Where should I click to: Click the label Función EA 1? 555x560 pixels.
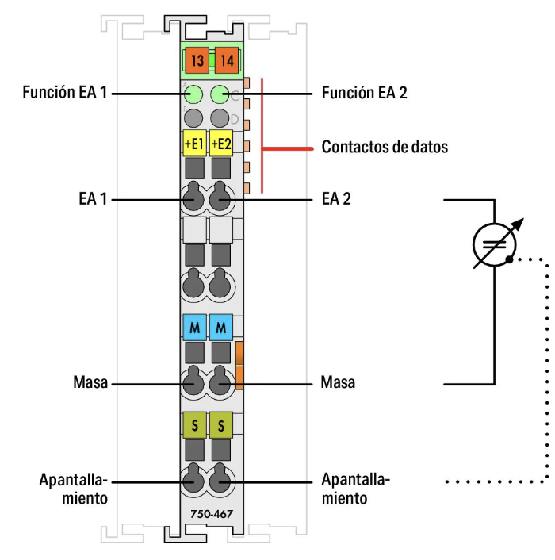65,93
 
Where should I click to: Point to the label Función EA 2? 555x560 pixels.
364,93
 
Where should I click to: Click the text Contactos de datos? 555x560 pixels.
385,147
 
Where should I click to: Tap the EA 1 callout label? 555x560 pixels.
92,199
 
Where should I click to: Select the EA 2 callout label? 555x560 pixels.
336,199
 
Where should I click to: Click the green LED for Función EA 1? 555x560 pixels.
193,96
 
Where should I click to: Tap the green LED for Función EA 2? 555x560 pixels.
220,96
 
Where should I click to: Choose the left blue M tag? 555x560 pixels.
193,327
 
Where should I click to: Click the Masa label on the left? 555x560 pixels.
92,383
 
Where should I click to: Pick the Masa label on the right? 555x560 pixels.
339,383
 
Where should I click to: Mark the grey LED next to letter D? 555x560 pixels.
220,118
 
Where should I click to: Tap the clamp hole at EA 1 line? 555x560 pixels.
193,199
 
